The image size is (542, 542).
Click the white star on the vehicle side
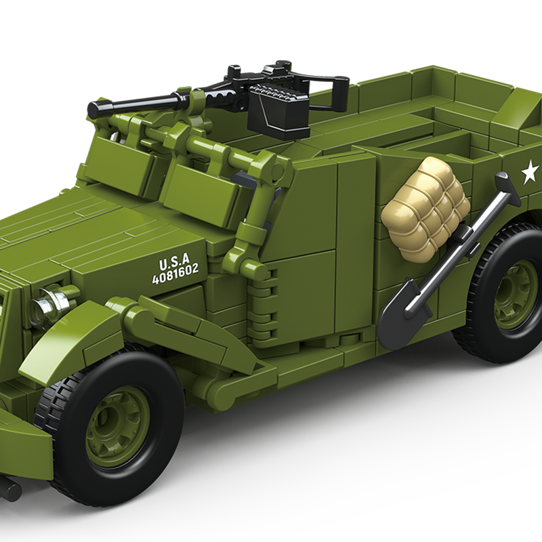coord(529,173)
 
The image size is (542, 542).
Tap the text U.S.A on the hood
coord(174,262)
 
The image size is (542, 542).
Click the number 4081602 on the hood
coord(175,273)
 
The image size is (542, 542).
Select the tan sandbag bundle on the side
coord(425,209)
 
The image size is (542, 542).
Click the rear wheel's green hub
coord(516,294)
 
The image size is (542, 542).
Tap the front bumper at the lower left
coord(24,440)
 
